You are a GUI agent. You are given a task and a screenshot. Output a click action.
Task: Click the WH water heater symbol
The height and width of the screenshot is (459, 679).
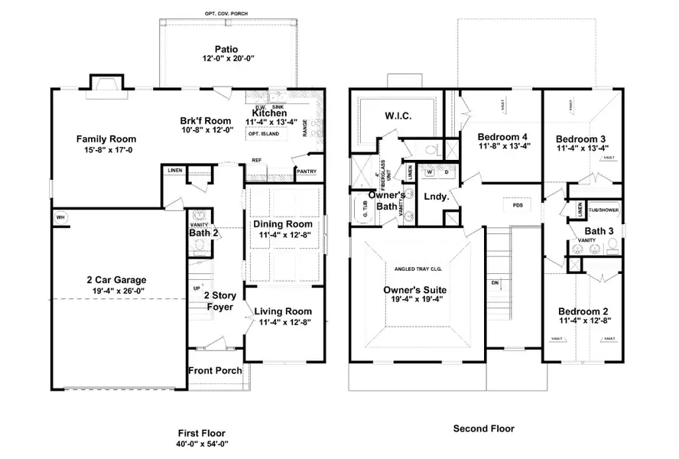[59, 217]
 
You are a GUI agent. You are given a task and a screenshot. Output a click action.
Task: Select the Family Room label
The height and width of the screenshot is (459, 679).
[106, 138]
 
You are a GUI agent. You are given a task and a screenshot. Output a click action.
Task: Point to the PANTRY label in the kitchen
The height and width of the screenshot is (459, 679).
[306, 171]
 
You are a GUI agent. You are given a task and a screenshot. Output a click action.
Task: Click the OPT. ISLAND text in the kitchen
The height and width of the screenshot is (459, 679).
[263, 134]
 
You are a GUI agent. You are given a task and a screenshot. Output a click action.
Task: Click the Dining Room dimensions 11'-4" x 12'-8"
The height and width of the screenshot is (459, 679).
[283, 235]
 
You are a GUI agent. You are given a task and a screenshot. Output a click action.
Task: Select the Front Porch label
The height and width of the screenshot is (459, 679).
[216, 370]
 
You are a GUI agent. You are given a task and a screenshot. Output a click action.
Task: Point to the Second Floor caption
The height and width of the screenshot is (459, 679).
[483, 428]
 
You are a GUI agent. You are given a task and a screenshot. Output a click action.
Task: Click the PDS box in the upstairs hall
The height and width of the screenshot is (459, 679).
[518, 204]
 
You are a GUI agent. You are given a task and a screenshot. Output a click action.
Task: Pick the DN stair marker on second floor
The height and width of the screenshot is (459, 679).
[496, 282]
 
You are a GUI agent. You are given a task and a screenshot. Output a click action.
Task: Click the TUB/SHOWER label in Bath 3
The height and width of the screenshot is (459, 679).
[604, 208]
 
